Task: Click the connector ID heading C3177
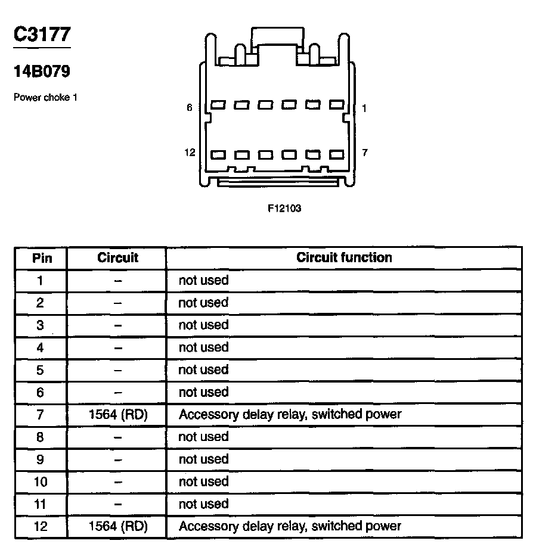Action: pos(42,35)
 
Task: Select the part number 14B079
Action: pos(42,72)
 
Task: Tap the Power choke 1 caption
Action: pos(46,97)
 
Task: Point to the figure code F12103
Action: pos(284,209)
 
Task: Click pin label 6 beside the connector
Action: pos(190,108)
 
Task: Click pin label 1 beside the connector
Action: pos(364,108)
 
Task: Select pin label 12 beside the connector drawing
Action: pos(190,153)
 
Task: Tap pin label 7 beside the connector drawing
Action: pos(365,153)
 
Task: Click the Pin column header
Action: pos(42,258)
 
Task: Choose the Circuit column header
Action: pos(117,257)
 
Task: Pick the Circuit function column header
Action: pos(344,257)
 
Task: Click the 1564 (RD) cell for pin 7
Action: pos(117,414)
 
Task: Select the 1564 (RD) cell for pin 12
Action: pos(117,526)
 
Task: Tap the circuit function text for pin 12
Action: pos(290,526)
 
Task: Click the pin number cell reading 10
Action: pos(40,481)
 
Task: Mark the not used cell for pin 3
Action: pos(203,325)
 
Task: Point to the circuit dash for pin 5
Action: pos(117,370)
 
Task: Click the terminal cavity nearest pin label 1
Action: pos(337,105)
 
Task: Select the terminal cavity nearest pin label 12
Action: pos(218,155)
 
